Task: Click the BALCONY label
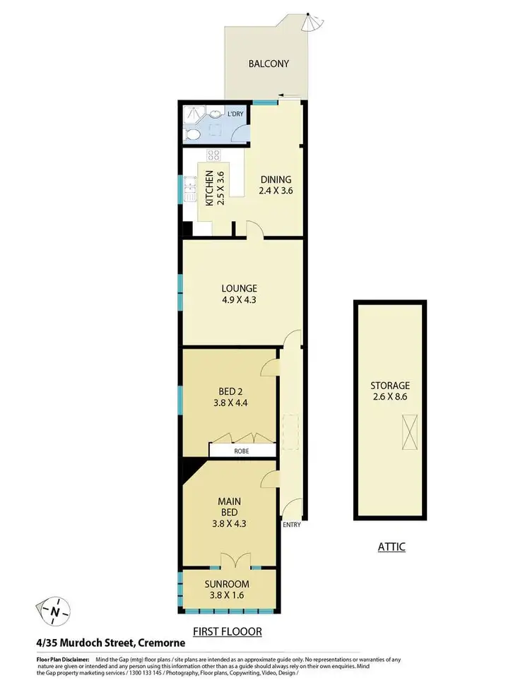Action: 269,64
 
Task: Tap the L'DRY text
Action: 235,115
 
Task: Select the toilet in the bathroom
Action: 191,135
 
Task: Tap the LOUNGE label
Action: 239,288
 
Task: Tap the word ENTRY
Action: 290,525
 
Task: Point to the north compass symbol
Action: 54,609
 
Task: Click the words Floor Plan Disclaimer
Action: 62,657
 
